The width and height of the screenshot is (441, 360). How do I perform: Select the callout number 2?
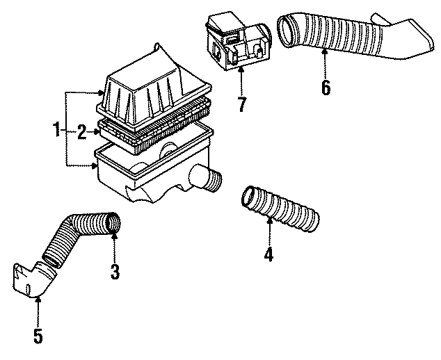click(x=81, y=130)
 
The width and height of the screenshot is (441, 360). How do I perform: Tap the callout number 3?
click(x=115, y=270)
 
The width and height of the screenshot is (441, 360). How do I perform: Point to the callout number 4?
click(x=268, y=254)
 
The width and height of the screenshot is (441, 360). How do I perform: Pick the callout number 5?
click(x=38, y=336)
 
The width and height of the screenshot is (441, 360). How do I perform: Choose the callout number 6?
click(x=326, y=88)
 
